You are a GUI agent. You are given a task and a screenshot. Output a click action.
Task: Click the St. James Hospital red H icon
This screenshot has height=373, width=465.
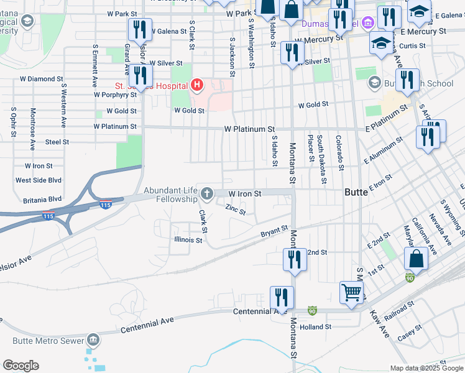(197, 85)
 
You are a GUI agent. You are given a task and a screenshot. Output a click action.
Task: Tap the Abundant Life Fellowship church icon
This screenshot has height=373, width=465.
(206, 195)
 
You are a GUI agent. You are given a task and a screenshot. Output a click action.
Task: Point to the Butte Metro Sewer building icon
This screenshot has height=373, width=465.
(93, 339)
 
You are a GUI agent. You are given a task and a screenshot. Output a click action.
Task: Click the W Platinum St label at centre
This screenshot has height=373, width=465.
(249, 129)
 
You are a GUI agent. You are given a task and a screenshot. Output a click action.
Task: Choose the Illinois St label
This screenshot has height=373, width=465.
(188, 240)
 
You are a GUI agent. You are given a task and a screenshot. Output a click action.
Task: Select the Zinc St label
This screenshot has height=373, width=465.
(236, 210)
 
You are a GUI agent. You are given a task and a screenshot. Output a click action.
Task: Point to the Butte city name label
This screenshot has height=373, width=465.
(356, 193)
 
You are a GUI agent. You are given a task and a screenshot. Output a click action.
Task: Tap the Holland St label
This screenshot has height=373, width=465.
(315, 327)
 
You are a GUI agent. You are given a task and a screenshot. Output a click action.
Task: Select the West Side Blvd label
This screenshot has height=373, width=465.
(39, 180)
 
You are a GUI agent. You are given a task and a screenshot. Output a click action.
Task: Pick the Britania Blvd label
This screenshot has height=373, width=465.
(39, 199)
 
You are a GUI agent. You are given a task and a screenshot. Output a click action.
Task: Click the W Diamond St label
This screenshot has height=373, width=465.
(42, 80)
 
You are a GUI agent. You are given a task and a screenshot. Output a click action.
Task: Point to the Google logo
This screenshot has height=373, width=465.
(21, 366)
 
